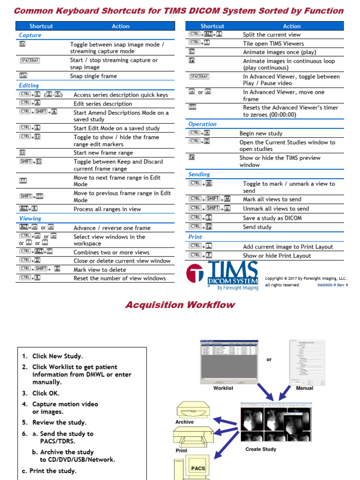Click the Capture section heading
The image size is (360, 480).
(30, 35)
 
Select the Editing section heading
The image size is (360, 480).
(29, 85)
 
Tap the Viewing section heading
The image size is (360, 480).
(30, 218)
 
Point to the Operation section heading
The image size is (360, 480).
(202, 124)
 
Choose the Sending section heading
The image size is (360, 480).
(199, 174)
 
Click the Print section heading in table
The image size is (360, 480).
(195, 237)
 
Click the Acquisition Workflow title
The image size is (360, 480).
(180, 305)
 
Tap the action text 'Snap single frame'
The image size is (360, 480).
(93, 76)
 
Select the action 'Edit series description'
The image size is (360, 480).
(103, 104)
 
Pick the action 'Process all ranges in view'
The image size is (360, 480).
(107, 210)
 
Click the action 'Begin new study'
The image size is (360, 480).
(261, 134)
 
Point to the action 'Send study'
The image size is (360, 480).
(257, 227)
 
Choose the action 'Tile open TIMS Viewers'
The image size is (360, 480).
(273, 44)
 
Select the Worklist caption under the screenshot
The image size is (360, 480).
(223, 388)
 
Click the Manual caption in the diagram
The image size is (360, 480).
(305, 388)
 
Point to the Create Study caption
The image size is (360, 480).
(261, 449)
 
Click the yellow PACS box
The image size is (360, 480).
(198, 468)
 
